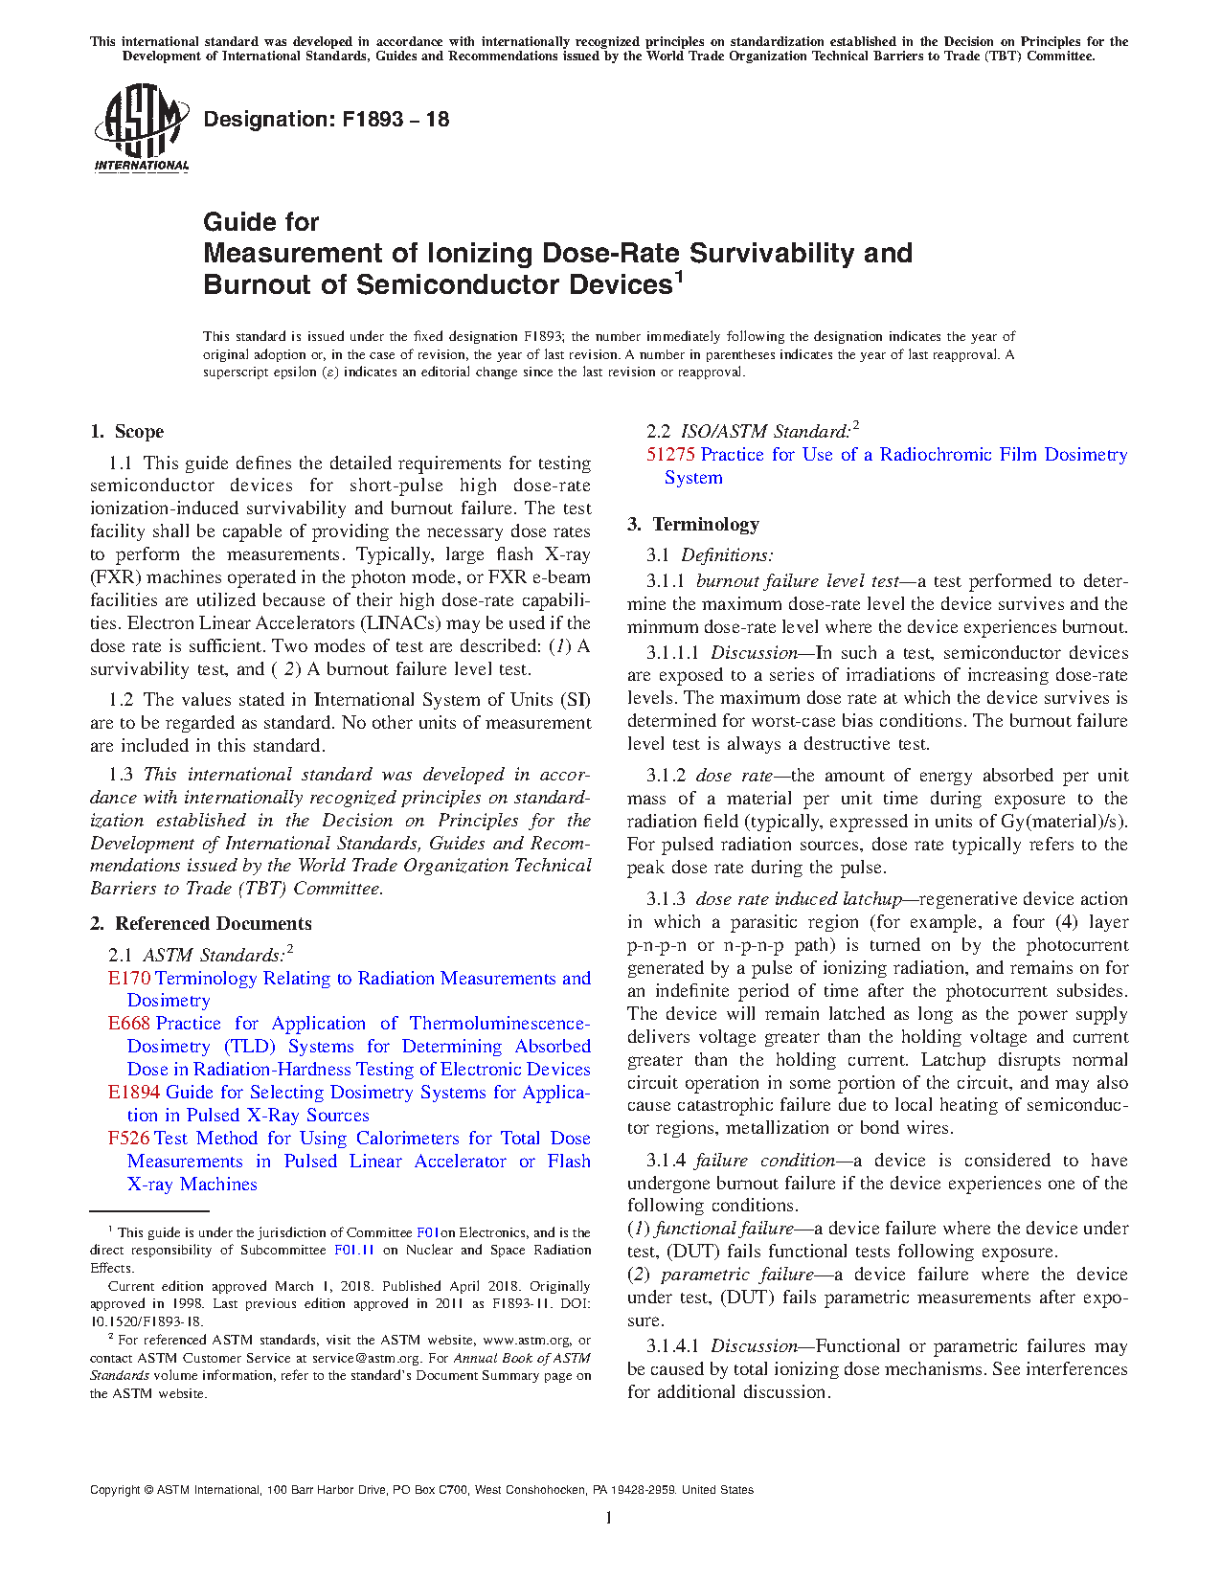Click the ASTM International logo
(x=142, y=127)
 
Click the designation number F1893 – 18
(x=396, y=120)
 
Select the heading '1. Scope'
(x=127, y=432)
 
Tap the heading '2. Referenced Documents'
(x=201, y=924)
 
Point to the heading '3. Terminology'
(x=693, y=525)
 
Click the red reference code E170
(x=129, y=979)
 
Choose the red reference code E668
(x=129, y=1024)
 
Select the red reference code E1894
(x=134, y=1093)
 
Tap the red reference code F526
(x=129, y=1139)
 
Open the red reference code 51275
(x=670, y=455)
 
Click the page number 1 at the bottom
(x=609, y=1518)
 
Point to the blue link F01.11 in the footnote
(x=353, y=1251)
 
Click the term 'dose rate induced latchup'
(x=798, y=899)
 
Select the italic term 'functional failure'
(x=724, y=1229)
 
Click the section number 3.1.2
(x=666, y=776)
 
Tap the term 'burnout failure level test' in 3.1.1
(x=797, y=581)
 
